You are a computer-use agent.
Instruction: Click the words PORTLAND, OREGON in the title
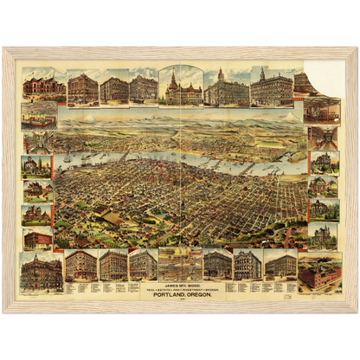tap(180, 292)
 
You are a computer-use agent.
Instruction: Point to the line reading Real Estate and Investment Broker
tap(180, 286)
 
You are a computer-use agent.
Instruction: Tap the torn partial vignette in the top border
tap(305, 84)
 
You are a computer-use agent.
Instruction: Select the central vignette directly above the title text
tap(180, 264)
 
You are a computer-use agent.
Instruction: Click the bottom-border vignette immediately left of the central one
tap(144, 264)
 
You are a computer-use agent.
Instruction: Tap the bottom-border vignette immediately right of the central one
tap(217, 264)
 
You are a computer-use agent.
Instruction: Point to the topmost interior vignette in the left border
tap(38, 116)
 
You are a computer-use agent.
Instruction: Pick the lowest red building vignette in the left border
tap(38, 238)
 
